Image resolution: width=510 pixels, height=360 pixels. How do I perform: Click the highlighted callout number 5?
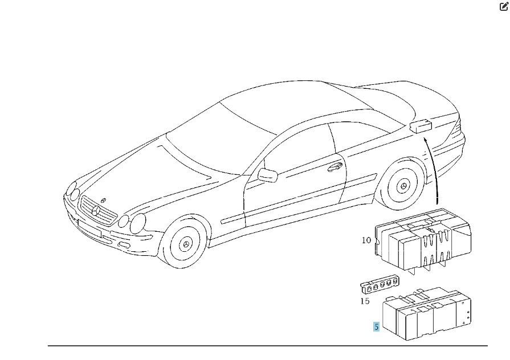click(x=376, y=326)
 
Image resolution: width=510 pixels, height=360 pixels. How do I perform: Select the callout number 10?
click(x=366, y=240)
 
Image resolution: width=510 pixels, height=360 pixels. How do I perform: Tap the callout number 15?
click(x=365, y=301)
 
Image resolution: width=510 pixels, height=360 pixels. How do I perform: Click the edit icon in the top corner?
click(x=504, y=6)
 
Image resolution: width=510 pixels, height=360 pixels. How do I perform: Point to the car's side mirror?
click(x=268, y=175)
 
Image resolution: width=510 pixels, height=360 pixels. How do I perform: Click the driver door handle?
click(x=334, y=167)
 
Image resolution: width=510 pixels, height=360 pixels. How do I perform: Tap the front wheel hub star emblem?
click(x=186, y=244)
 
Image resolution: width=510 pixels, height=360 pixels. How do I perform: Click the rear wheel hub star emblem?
click(x=403, y=186)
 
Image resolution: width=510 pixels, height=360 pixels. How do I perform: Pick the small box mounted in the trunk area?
click(x=421, y=126)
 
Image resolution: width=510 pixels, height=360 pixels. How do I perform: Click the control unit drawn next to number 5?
click(x=427, y=313)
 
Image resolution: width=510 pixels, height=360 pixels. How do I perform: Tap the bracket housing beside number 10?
click(x=423, y=242)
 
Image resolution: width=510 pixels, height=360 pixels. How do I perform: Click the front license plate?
click(x=90, y=228)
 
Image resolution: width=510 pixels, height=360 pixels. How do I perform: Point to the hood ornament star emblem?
click(x=104, y=201)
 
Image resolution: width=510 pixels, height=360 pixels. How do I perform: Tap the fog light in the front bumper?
click(x=124, y=245)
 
